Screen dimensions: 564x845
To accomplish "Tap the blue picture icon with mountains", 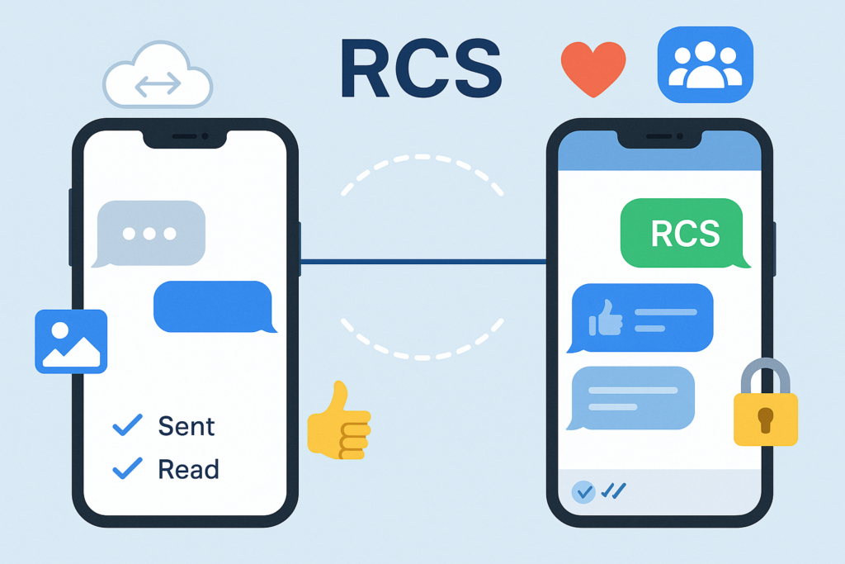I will pos(71,341).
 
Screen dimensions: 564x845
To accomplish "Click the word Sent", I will pos(186,427).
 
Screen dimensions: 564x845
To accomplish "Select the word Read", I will pos(188,470).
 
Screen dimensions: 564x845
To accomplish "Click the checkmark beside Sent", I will pos(127,425).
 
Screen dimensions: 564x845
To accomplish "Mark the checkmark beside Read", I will pos(127,469).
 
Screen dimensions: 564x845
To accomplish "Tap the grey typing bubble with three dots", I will pos(149,234).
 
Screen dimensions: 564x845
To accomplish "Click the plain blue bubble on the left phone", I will pos(213,307).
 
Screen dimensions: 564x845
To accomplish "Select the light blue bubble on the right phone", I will pos(633,399).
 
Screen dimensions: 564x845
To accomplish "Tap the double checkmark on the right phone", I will pos(613,491).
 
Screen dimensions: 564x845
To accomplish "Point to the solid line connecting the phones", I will pos(422,263).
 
